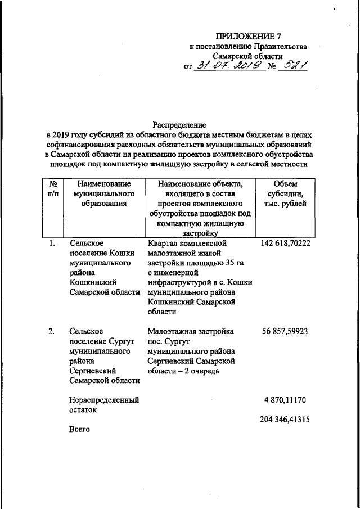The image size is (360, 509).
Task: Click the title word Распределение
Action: pyautogui.click(x=179, y=124)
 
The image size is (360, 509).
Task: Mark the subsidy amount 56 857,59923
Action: pyautogui.click(x=285, y=331)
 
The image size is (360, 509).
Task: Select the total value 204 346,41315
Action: pyautogui.click(x=285, y=420)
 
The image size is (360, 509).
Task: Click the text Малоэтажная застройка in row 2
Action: pyautogui.click(x=191, y=331)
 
